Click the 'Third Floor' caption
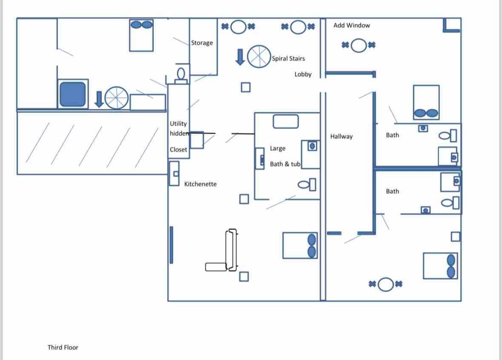63,347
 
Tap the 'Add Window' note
352,25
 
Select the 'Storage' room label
202,43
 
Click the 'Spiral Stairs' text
289,58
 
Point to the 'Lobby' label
303,74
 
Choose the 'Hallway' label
341,136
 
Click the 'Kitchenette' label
200,184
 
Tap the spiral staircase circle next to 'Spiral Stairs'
259,57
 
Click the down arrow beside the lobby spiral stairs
240,57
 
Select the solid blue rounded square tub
73,94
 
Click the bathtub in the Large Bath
286,121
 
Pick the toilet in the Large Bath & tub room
307,184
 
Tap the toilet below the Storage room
181,76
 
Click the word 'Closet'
178,149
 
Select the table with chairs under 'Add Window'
359,45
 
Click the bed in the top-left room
141,35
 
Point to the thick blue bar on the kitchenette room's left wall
171,245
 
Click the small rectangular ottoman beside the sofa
216,267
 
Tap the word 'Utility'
178,124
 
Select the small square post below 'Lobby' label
246,87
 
